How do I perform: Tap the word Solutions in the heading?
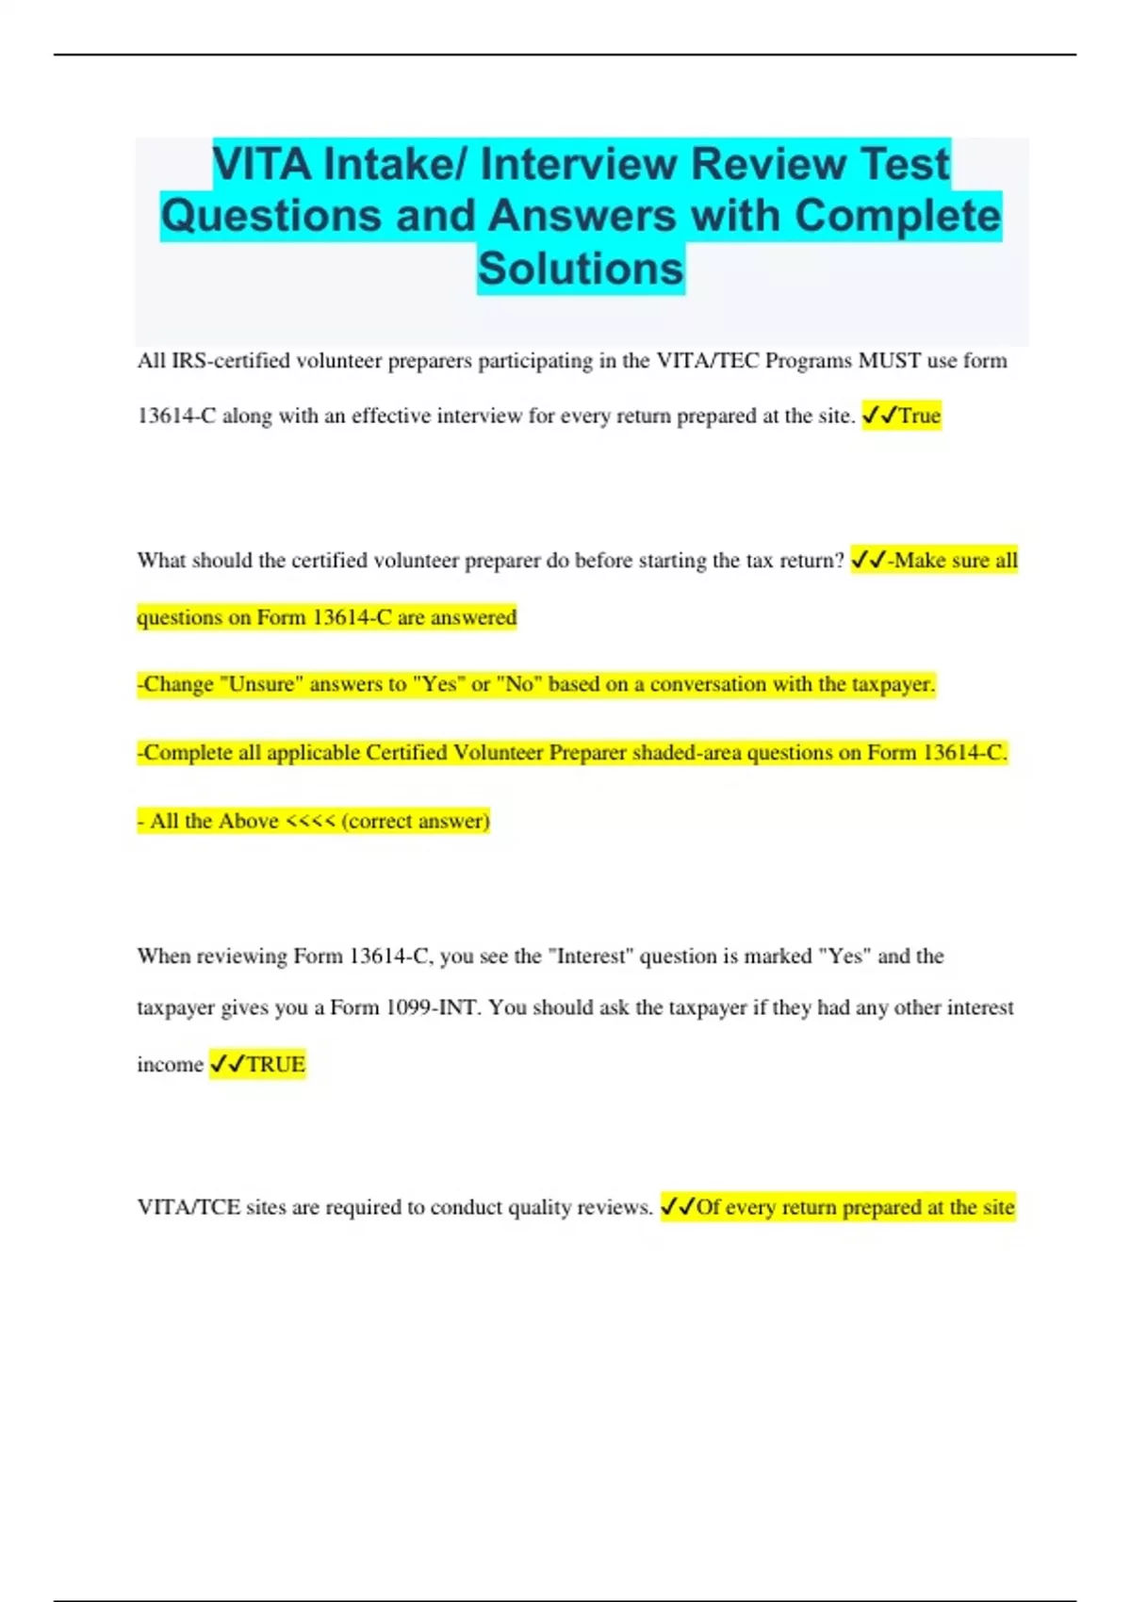pos(580,269)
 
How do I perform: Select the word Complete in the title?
pos(896,216)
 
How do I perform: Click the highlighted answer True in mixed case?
pos(919,416)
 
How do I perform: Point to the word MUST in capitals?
pos(889,361)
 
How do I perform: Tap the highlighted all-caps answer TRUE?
pos(275,1065)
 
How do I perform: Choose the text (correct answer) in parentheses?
pos(416,821)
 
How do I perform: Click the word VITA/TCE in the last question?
pos(188,1207)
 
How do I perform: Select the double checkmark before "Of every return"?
pos(677,1207)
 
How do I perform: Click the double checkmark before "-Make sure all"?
pos(867,561)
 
